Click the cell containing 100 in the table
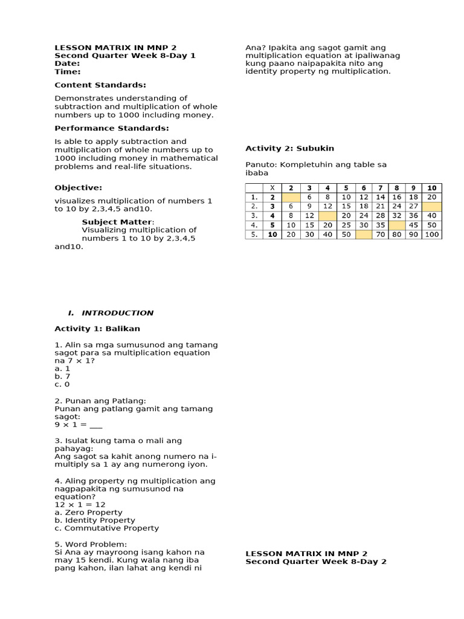point(432,235)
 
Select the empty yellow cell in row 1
point(291,197)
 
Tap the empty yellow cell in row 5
point(364,235)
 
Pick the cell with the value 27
point(414,206)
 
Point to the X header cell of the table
point(272,188)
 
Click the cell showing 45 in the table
point(414,225)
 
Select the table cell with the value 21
point(381,206)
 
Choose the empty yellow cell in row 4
point(397,225)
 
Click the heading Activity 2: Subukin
point(289,148)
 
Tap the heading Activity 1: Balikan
point(97,329)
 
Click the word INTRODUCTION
point(118,313)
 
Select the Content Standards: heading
point(100,85)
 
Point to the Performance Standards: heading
point(112,128)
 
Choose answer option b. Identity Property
point(95,520)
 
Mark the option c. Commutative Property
point(107,528)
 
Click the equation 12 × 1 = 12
point(80,505)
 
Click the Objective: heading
point(79,187)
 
